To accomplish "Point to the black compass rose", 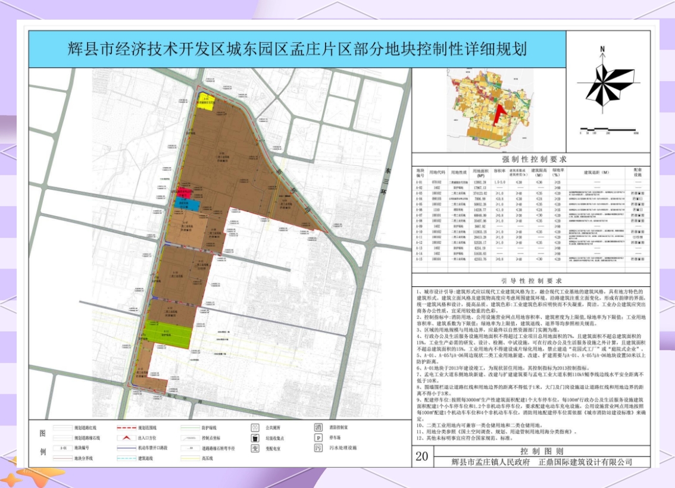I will tap(602, 85).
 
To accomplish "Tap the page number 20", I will tap(422, 456).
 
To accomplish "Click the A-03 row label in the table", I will tap(420, 194).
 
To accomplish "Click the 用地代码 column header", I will tap(436, 173).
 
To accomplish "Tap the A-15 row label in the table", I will tap(420, 259).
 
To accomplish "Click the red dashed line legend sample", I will tap(145, 427).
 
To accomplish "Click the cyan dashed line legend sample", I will tap(145, 458).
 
